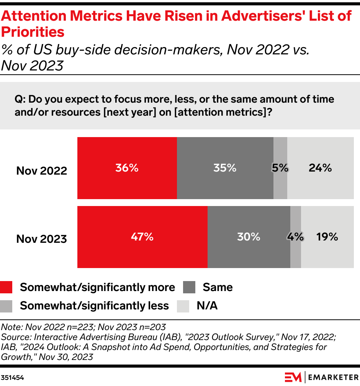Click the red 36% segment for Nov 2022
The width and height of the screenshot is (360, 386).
[x=127, y=168]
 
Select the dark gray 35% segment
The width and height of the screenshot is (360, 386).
[x=225, y=168]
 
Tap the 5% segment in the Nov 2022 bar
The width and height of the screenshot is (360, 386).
[x=280, y=168]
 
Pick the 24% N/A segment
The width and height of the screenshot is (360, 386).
[x=320, y=168]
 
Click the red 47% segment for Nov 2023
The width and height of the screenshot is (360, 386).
[x=142, y=237]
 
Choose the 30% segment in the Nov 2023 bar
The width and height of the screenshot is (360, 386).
[x=249, y=237]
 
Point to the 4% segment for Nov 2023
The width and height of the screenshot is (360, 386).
[x=296, y=237]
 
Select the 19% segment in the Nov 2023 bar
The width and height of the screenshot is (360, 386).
[x=327, y=237]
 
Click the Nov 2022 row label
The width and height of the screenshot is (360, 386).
[x=41, y=170]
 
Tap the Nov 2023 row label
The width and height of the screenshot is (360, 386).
[x=41, y=239]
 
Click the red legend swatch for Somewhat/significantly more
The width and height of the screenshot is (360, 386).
[x=7, y=287]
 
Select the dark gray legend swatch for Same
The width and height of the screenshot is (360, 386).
[x=189, y=287]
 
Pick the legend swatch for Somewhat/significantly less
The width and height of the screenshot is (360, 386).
[x=7, y=306]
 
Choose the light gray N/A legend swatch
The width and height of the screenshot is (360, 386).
[x=183, y=306]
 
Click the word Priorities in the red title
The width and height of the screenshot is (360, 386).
[x=33, y=32]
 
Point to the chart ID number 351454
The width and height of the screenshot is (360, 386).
[x=13, y=377]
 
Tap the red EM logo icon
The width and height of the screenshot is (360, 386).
[x=293, y=377]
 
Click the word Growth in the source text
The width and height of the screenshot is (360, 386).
[x=14, y=357]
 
